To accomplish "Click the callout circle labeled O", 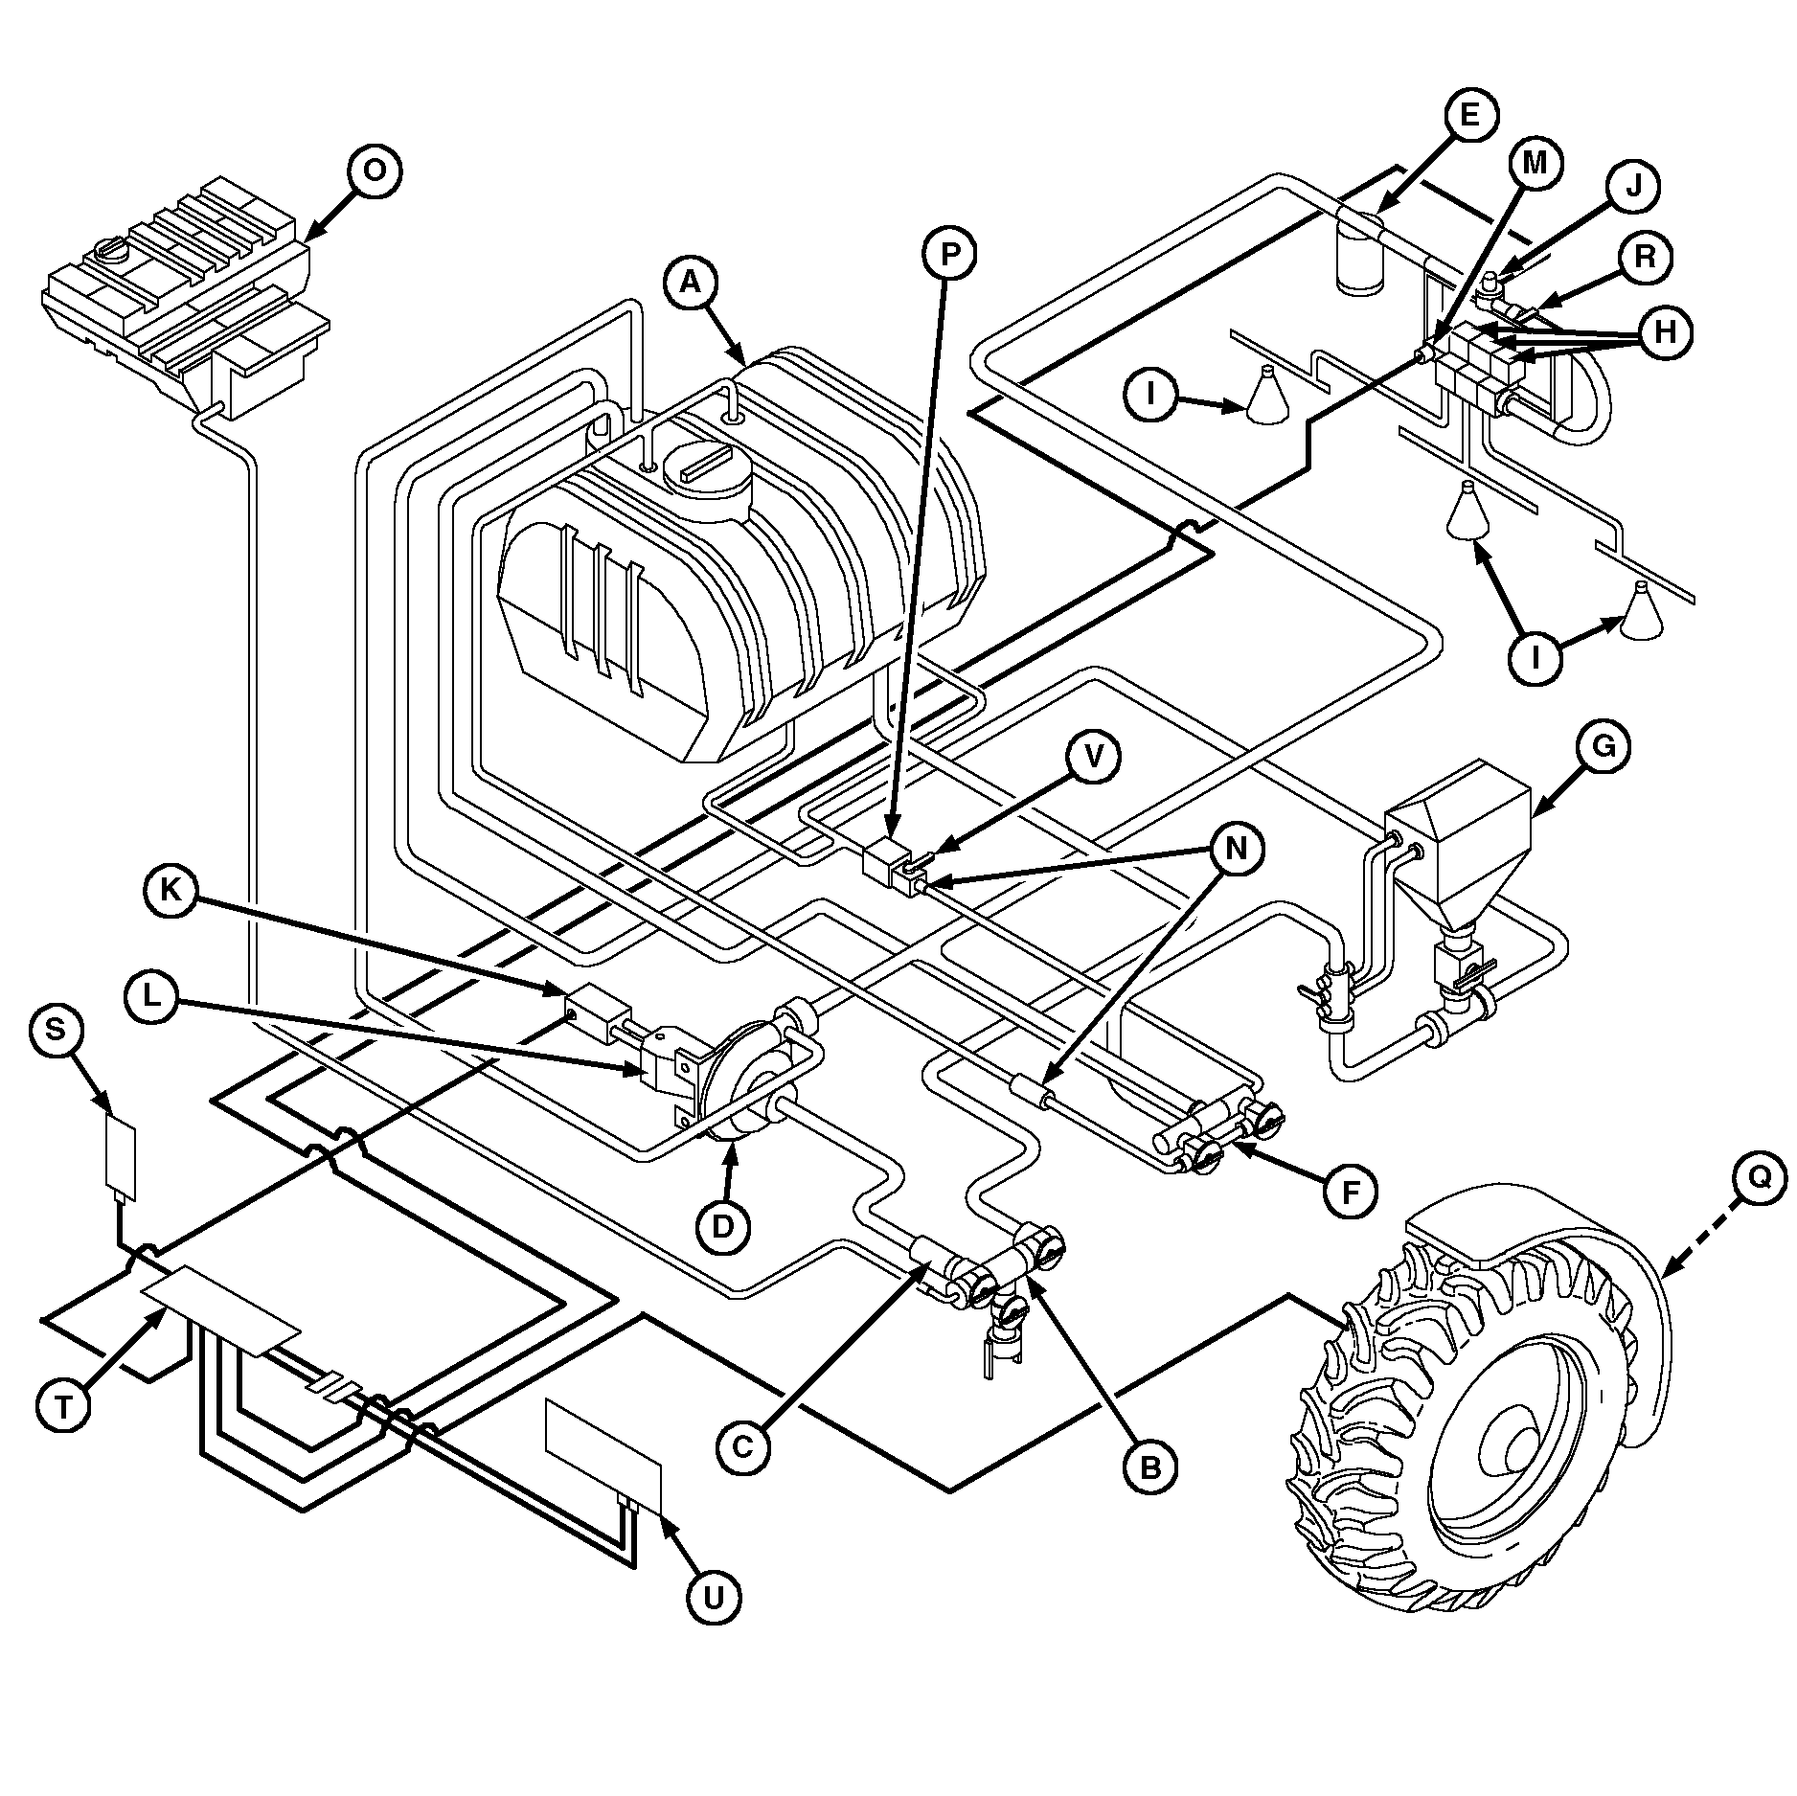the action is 375,171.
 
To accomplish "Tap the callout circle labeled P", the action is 949,254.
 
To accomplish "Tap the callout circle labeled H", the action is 1666,332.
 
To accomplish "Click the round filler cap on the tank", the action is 708,475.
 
